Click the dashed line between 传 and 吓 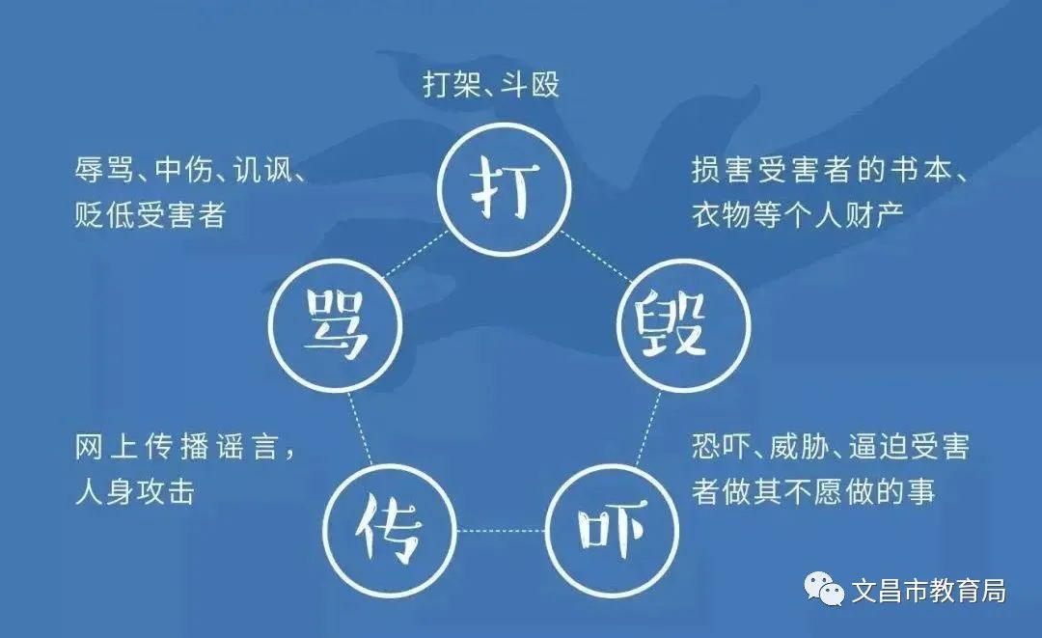pos(501,530)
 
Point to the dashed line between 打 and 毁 pos(594,255)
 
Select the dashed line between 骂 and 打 pos(416,253)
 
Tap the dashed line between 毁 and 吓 pos(649,429)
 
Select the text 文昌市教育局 pos(928,590)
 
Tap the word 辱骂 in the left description pos(103,170)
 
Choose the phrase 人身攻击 pos(135,492)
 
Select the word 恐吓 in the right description pos(721,447)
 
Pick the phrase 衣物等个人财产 pos(798,214)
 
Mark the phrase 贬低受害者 pos(151,214)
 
